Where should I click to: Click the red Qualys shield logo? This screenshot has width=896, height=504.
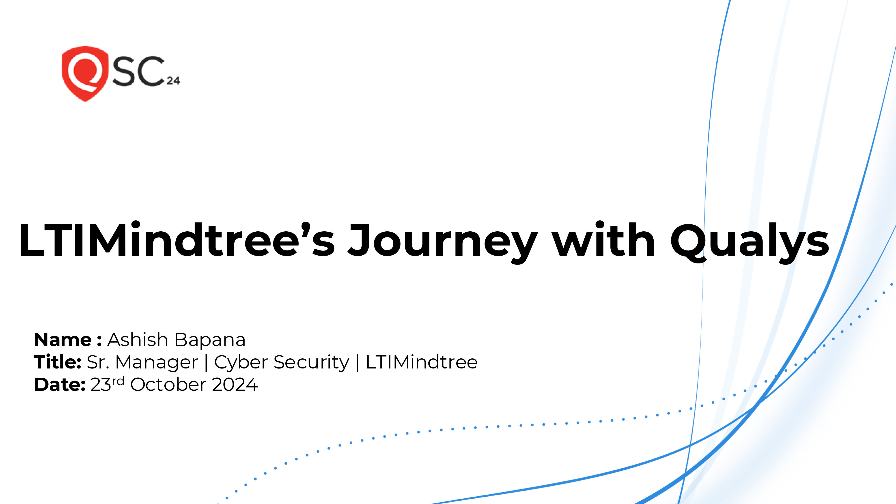[x=85, y=73]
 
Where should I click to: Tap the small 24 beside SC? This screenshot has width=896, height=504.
[x=173, y=81]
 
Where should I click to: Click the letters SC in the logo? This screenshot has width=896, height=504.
[x=138, y=71]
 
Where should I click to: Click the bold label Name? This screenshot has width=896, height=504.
[x=63, y=340]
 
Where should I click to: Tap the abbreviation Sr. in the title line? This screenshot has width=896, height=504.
[x=98, y=362]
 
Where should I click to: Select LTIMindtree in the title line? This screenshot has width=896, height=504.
[x=422, y=362]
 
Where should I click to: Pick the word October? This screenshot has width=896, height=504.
[x=168, y=385]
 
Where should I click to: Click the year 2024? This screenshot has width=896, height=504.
[x=235, y=385]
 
